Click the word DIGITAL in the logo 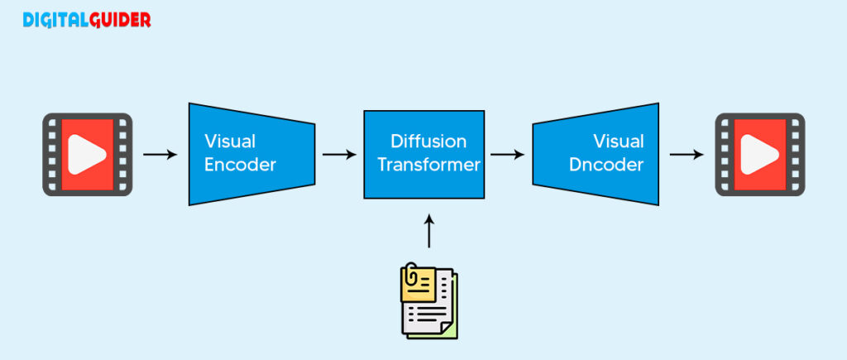(x=55, y=20)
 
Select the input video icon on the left (x=88, y=155)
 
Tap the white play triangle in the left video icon (x=86, y=155)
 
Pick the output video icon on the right (x=760, y=155)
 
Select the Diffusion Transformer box (x=423, y=155)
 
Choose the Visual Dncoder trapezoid (x=596, y=155)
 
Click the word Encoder (x=240, y=165)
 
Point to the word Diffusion (x=428, y=142)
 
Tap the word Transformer (x=428, y=165)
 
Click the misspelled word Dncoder (x=606, y=165)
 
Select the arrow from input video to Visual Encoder (x=160, y=154)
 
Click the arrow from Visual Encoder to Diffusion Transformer (x=339, y=154)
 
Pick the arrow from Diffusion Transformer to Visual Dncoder (x=508, y=154)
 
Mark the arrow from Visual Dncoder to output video (x=687, y=154)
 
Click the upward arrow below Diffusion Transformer (x=428, y=231)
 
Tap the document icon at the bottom (x=428, y=301)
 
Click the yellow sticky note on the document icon (x=417, y=281)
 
